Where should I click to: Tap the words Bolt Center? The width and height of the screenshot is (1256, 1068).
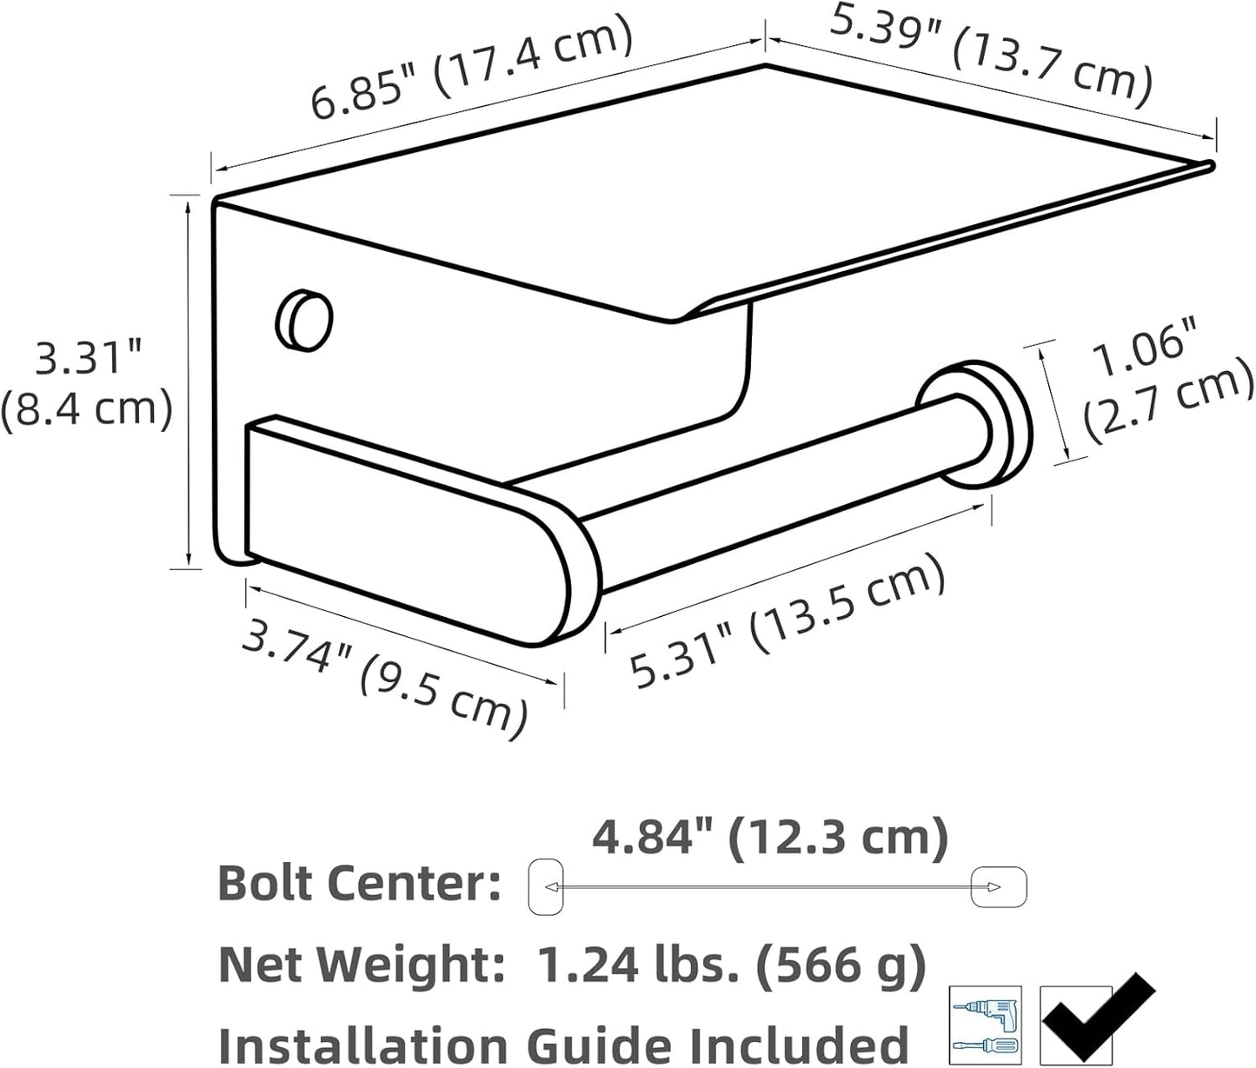click(359, 884)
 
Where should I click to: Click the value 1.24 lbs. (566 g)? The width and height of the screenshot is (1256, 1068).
click(731, 964)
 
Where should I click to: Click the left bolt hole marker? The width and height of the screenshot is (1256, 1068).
click(546, 886)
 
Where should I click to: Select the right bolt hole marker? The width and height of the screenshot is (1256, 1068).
click(999, 886)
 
